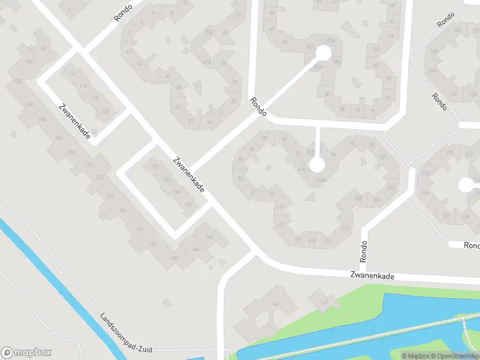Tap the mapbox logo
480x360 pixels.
pyautogui.click(x=26, y=353)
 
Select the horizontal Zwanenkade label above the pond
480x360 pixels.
pyautogui.click(x=373, y=277)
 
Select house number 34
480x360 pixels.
pyautogui.click(x=209, y=122)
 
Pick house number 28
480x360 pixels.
pyautogui.click(x=234, y=82)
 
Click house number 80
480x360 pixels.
pyautogui.click(x=328, y=94)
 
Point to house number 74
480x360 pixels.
pyautogui.click(x=373, y=111)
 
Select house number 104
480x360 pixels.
pyautogui.click(x=391, y=188)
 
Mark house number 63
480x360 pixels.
pyautogui.click(x=281, y=224)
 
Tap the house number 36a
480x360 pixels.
pyautogui.click(x=310, y=46)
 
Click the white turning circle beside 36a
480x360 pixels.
pyautogui.click(x=323, y=53)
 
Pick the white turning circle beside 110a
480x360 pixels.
pyautogui.click(x=317, y=164)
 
